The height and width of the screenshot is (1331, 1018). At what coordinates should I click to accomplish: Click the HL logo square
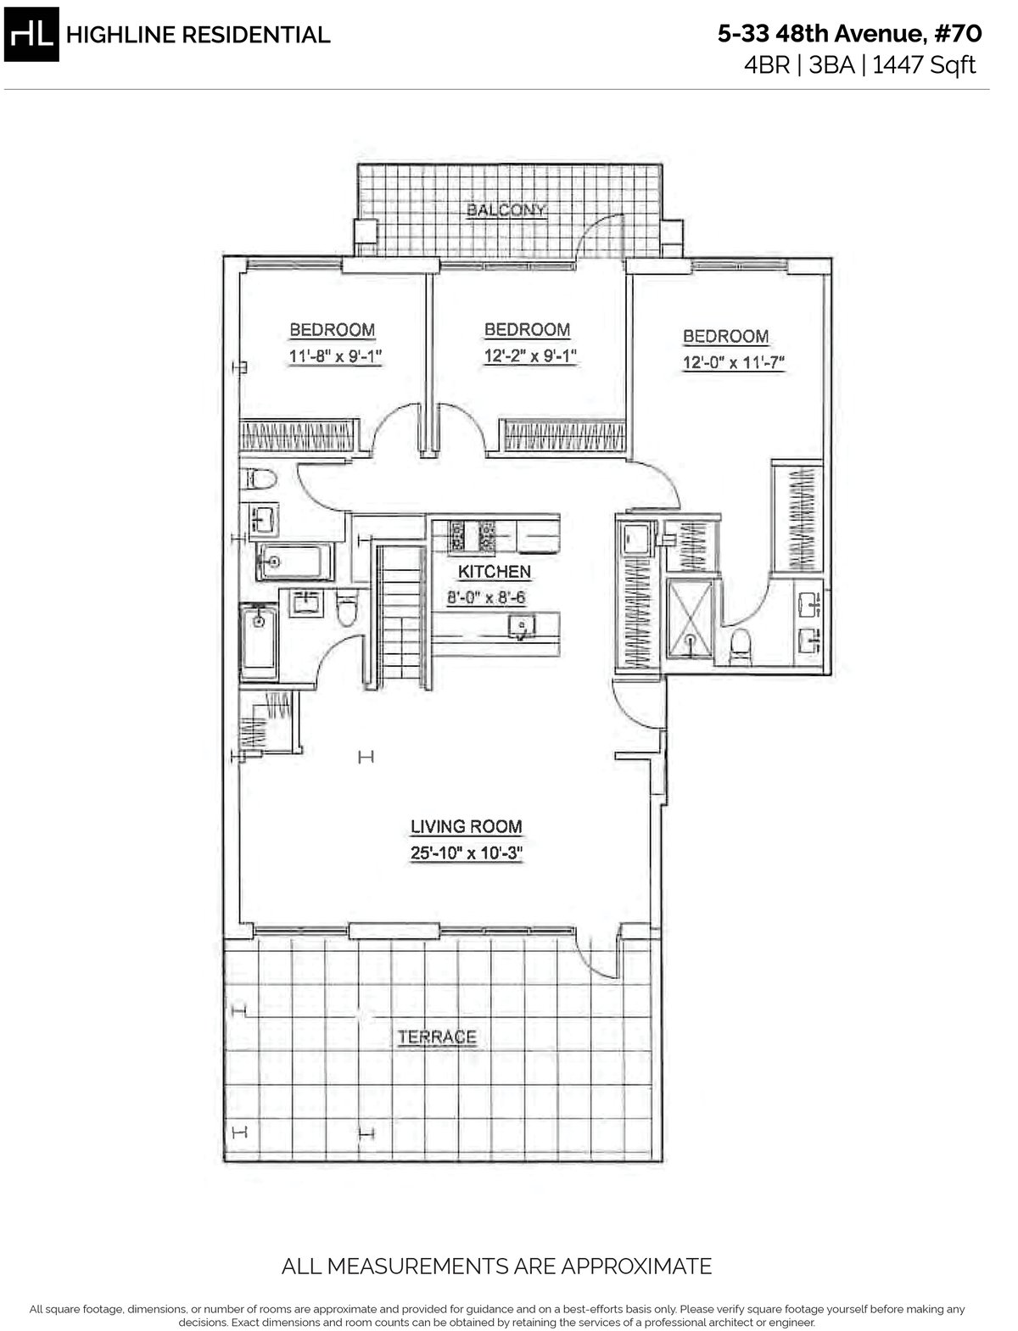coord(33,35)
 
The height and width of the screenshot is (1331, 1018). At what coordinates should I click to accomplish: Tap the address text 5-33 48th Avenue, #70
coord(849,34)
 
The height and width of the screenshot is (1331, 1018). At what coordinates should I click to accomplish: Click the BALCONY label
coord(506,210)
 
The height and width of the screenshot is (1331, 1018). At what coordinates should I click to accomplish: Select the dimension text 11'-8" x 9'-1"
coord(332,357)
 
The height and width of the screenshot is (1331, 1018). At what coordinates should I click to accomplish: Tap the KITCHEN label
coord(495,572)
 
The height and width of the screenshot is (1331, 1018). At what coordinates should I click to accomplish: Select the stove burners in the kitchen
coord(473,534)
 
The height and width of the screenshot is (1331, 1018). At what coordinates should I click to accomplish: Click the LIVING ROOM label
coord(466,826)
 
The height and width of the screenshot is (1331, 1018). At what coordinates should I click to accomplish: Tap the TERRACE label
coord(437,1037)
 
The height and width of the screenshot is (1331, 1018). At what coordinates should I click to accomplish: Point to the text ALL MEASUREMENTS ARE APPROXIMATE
coord(496,1267)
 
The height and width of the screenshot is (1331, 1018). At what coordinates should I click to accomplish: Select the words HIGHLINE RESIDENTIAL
coord(198,35)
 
